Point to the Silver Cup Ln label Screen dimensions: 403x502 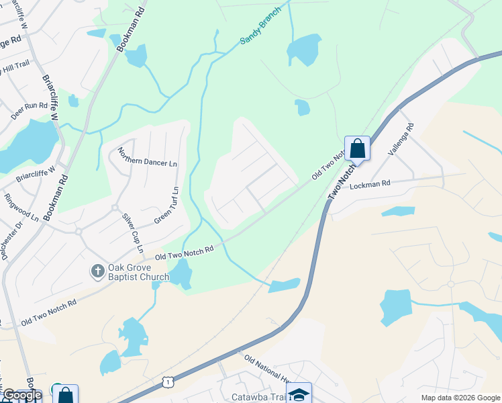(x=132, y=232)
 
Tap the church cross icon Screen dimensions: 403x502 (x=97, y=271)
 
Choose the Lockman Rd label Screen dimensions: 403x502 (x=370, y=183)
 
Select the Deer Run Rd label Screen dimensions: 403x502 (x=29, y=111)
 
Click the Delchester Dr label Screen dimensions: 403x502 (x=12, y=239)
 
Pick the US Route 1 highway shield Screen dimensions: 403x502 (x=167, y=382)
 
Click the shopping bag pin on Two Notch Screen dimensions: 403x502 (x=357, y=148)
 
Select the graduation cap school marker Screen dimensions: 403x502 (x=299, y=394)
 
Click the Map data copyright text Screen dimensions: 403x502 (x=460, y=398)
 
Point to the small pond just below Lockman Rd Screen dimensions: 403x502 (x=397, y=212)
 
